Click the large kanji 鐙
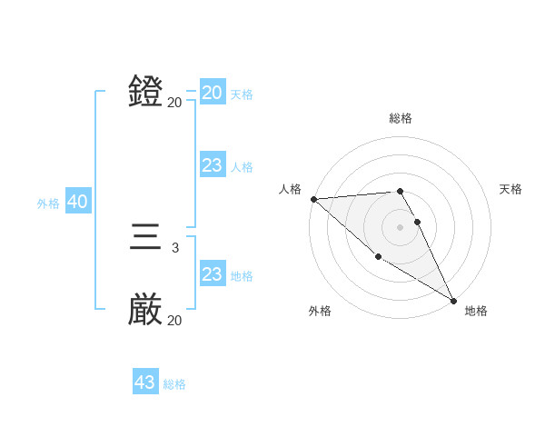[145, 92]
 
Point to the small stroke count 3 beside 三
[174, 247]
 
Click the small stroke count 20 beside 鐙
[174, 103]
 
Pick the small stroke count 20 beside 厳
[174, 321]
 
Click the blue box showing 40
[77, 203]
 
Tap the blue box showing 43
[145, 382]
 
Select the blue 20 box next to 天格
[213, 93]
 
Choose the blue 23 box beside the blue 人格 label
[213, 165]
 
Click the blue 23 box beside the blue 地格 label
[213, 274]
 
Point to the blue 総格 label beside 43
[174, 384]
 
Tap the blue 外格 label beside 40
[48, 204]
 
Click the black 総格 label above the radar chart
[401, 118]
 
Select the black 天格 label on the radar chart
[510, 189]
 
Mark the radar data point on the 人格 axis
[313, 199]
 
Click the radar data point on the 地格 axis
[453, 300]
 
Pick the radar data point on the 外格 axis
[378, 257]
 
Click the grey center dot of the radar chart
[401, 226]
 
